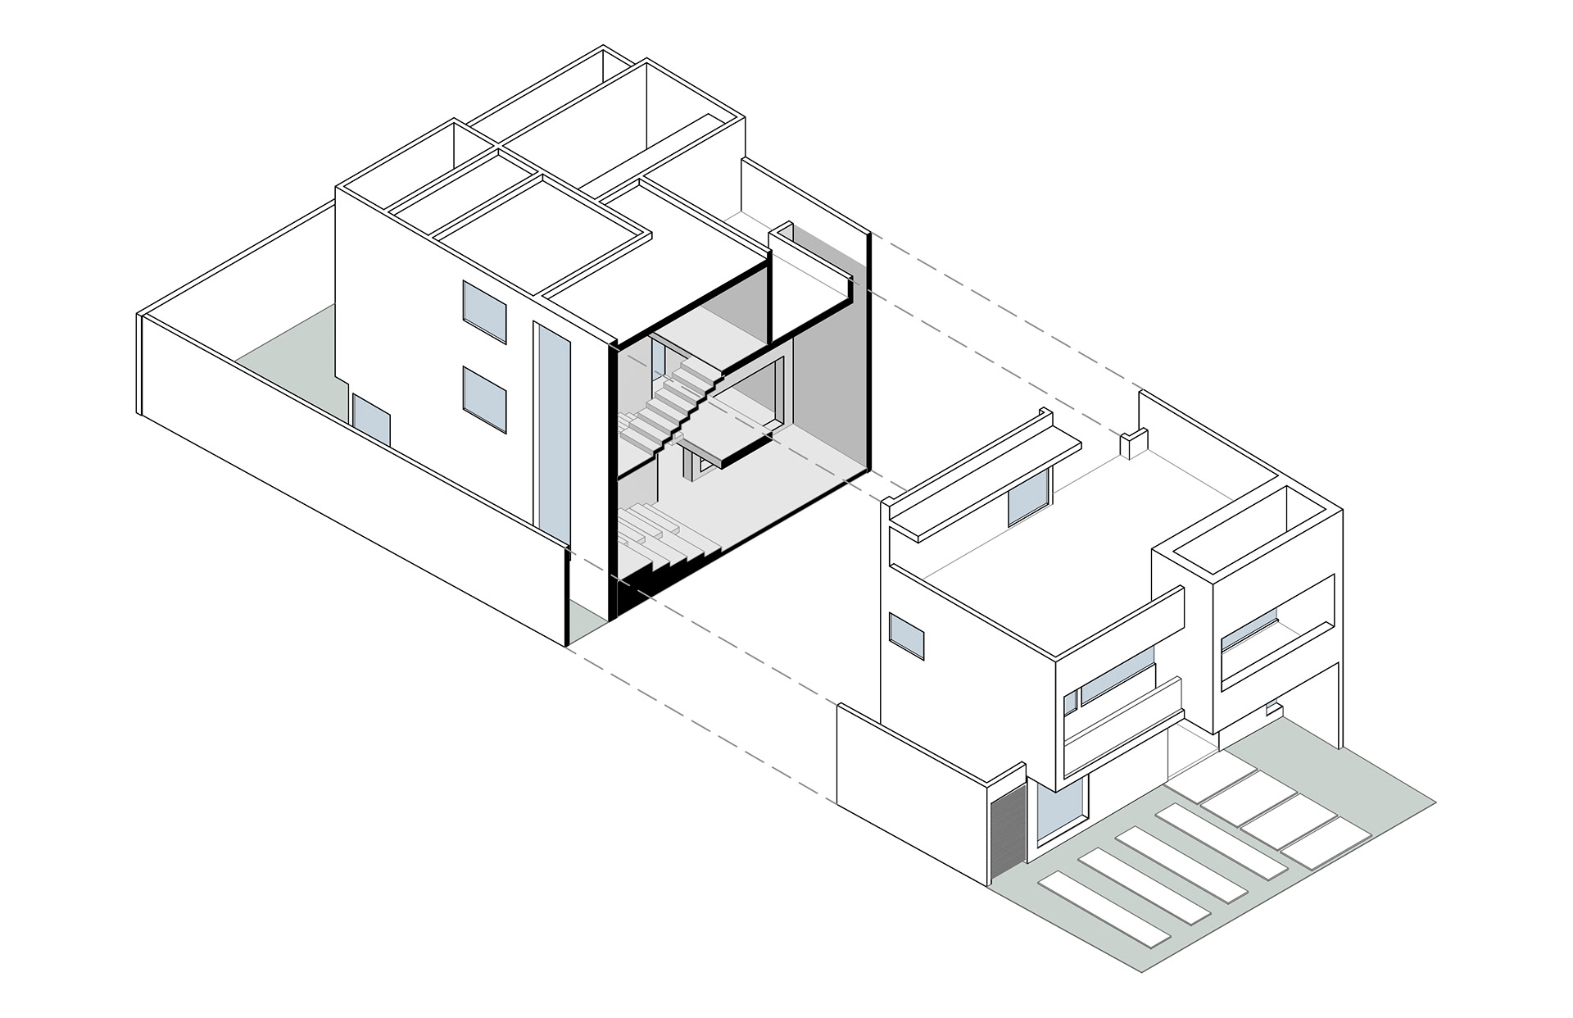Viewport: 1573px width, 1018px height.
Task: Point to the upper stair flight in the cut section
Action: coord(672,402)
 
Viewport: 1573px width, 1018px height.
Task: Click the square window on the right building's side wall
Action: coord(908,636)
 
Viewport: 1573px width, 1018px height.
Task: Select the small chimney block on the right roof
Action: coord(1131,445)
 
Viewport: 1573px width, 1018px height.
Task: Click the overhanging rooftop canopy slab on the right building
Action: coord(983,475)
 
